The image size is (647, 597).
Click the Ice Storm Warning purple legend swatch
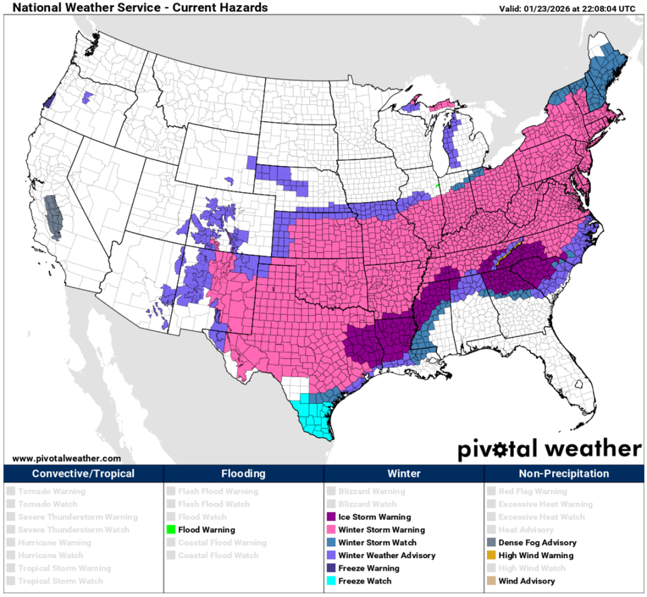(x=331, y=517)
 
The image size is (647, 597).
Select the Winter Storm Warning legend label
(x=381, y=530)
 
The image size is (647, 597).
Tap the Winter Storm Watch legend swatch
(x=331, y=543)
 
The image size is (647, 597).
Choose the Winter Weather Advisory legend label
(x=387, y=555)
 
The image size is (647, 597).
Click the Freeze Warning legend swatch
(x=331, y=568)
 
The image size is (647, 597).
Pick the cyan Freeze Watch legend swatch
(x=331, y=581)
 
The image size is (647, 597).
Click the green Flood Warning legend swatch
(x=171, y=530)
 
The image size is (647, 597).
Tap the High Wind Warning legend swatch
(x=491, y=555)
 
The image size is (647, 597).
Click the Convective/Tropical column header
(x=83, y=474)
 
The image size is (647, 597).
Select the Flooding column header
(x=244, y=474)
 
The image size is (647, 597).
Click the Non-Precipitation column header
(x=564, y=474)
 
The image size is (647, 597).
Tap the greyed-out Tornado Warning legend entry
(x=51, y=491)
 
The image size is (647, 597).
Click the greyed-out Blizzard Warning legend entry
(x=371, y=491)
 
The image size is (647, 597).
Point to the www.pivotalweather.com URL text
(x=66, y=458)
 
